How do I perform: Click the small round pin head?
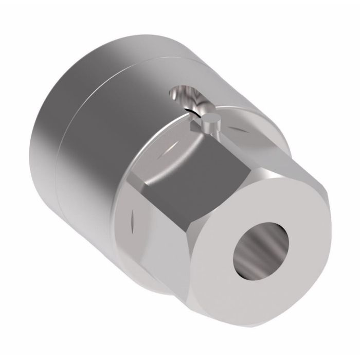[x=211, y=120]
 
